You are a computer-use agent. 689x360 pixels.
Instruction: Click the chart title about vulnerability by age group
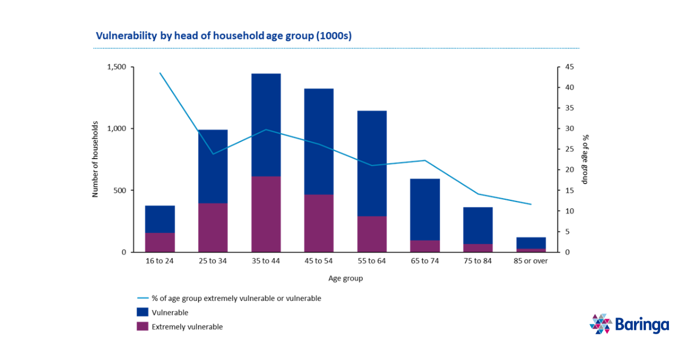(x=223, y=36)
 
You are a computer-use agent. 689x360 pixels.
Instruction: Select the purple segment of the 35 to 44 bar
(x=266, y=214)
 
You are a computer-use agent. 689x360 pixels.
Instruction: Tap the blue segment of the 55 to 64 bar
(x=372, y=163)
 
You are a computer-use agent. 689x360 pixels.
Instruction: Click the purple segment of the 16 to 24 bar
(x=160, y=242)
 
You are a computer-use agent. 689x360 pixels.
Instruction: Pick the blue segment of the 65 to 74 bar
(x=425, y=209)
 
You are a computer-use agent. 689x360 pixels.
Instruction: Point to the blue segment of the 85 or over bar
(x=531, y=243)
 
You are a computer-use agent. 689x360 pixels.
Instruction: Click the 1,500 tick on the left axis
(x=117, y=67)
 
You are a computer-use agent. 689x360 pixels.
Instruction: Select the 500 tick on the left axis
(x=120, y=191)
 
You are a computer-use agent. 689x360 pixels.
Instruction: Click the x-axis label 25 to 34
(x=212, y=261)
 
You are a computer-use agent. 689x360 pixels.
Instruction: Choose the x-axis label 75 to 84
(x=478, y=261)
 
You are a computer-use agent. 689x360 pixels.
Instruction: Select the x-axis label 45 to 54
(x=319, y=261)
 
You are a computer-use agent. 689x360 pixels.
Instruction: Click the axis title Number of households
(x=95, y=160)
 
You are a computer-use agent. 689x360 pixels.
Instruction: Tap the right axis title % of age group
(x=586, y=160)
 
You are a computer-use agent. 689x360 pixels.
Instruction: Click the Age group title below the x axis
(x=345, y=278)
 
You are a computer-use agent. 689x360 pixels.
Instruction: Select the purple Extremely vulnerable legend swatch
(x=142, y=327)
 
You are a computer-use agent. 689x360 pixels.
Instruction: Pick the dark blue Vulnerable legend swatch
(x=142, y=312)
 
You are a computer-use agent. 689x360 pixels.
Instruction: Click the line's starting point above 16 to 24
(x=160, y=73)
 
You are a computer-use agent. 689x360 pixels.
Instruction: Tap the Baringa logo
(x=629, y=324)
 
